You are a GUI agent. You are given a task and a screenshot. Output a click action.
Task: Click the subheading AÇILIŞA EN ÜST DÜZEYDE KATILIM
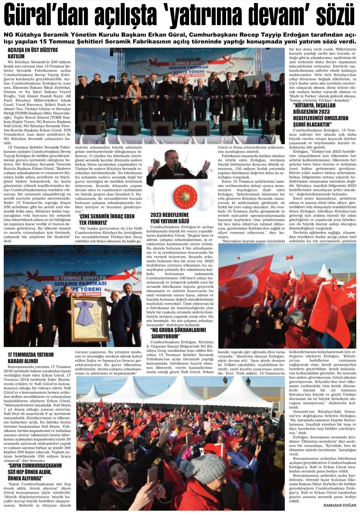[x=33, y=53]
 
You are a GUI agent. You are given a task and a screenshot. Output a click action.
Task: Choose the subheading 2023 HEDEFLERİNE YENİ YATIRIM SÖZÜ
[x=170, y=218]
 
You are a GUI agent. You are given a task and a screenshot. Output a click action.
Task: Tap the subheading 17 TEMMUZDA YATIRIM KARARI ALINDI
[x=31, y=358]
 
